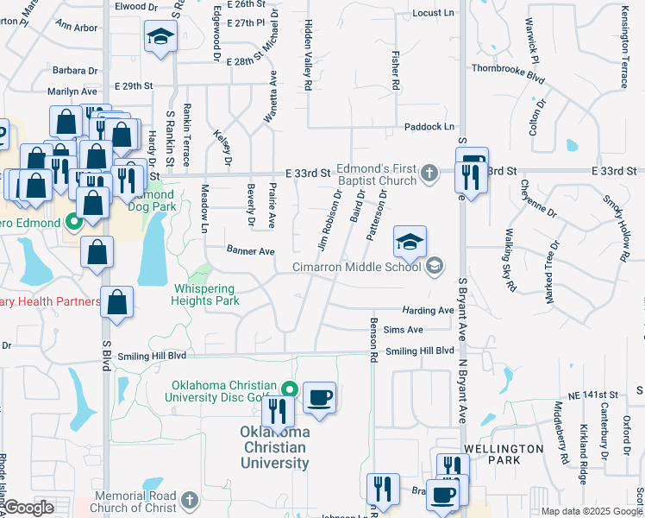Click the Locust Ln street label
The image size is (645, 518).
(433, 13)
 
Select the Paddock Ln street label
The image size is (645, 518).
(429, 127)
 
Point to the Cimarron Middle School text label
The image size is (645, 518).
(356, 267)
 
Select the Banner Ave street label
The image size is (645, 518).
(250, 251)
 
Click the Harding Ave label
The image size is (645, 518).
(428, 310)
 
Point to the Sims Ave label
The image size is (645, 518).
(404, 330)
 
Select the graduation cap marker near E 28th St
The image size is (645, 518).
(160, 37)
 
